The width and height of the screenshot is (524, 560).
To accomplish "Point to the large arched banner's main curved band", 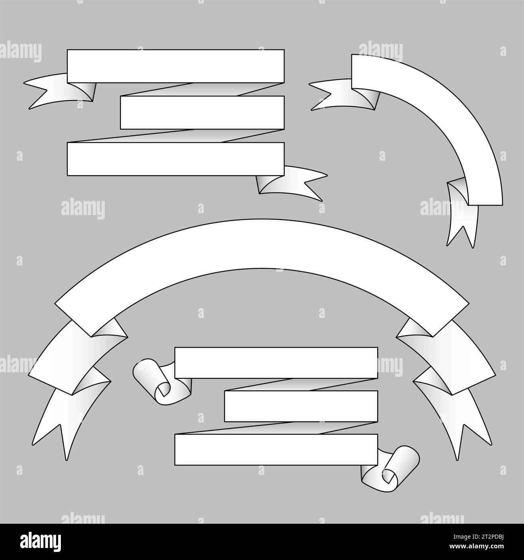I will [x=262, y=246].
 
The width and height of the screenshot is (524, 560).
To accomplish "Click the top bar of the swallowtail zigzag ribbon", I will [x=175, y=66].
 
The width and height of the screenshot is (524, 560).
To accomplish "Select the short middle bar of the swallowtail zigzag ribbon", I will [x=202, y=112].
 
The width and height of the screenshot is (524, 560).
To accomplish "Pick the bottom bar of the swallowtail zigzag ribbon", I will [x=175, y=159].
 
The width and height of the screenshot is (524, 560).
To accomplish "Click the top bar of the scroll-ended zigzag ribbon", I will [x=276, y=363].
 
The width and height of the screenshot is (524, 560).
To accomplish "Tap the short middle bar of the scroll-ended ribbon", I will [x=301, y=406].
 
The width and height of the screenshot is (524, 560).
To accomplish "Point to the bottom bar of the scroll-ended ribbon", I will [x=276, y=449].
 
